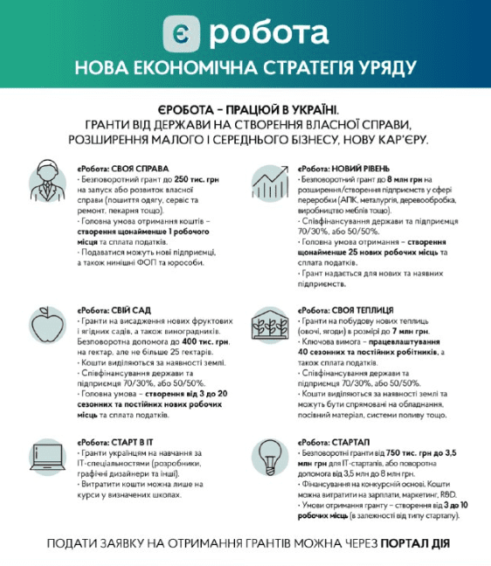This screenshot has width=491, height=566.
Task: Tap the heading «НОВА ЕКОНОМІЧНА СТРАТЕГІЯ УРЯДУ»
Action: click(245, 68)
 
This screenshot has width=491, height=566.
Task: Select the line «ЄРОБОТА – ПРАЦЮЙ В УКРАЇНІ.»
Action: click(246, 107)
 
